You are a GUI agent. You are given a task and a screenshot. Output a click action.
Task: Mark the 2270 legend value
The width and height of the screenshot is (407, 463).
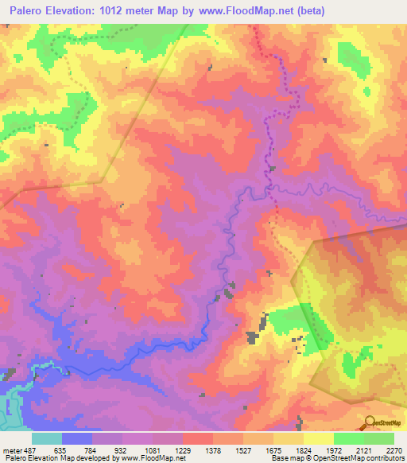[x=393, y=449]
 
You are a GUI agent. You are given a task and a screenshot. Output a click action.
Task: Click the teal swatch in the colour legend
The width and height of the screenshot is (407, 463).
[x=47, y=438]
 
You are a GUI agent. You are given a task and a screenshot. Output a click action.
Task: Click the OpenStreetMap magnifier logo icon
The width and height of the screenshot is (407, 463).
[x=370, y=422]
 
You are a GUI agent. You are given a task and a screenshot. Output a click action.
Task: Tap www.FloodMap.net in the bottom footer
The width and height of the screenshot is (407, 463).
[x=152, y=458]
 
